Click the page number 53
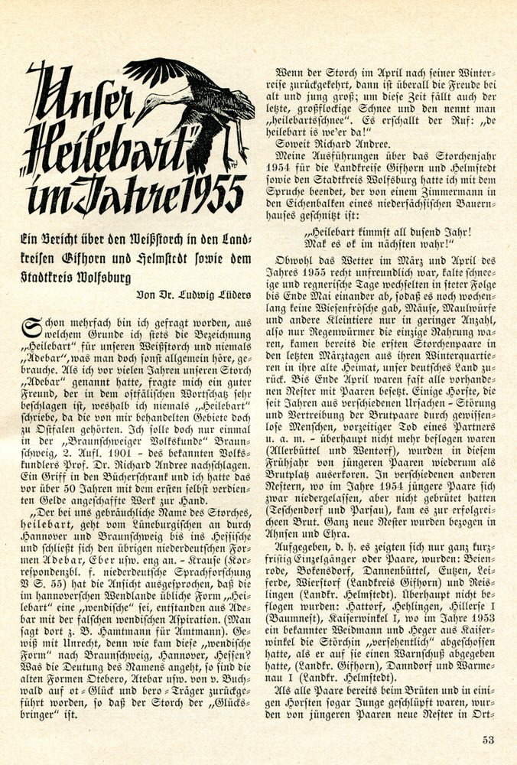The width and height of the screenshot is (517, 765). (488, 739)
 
